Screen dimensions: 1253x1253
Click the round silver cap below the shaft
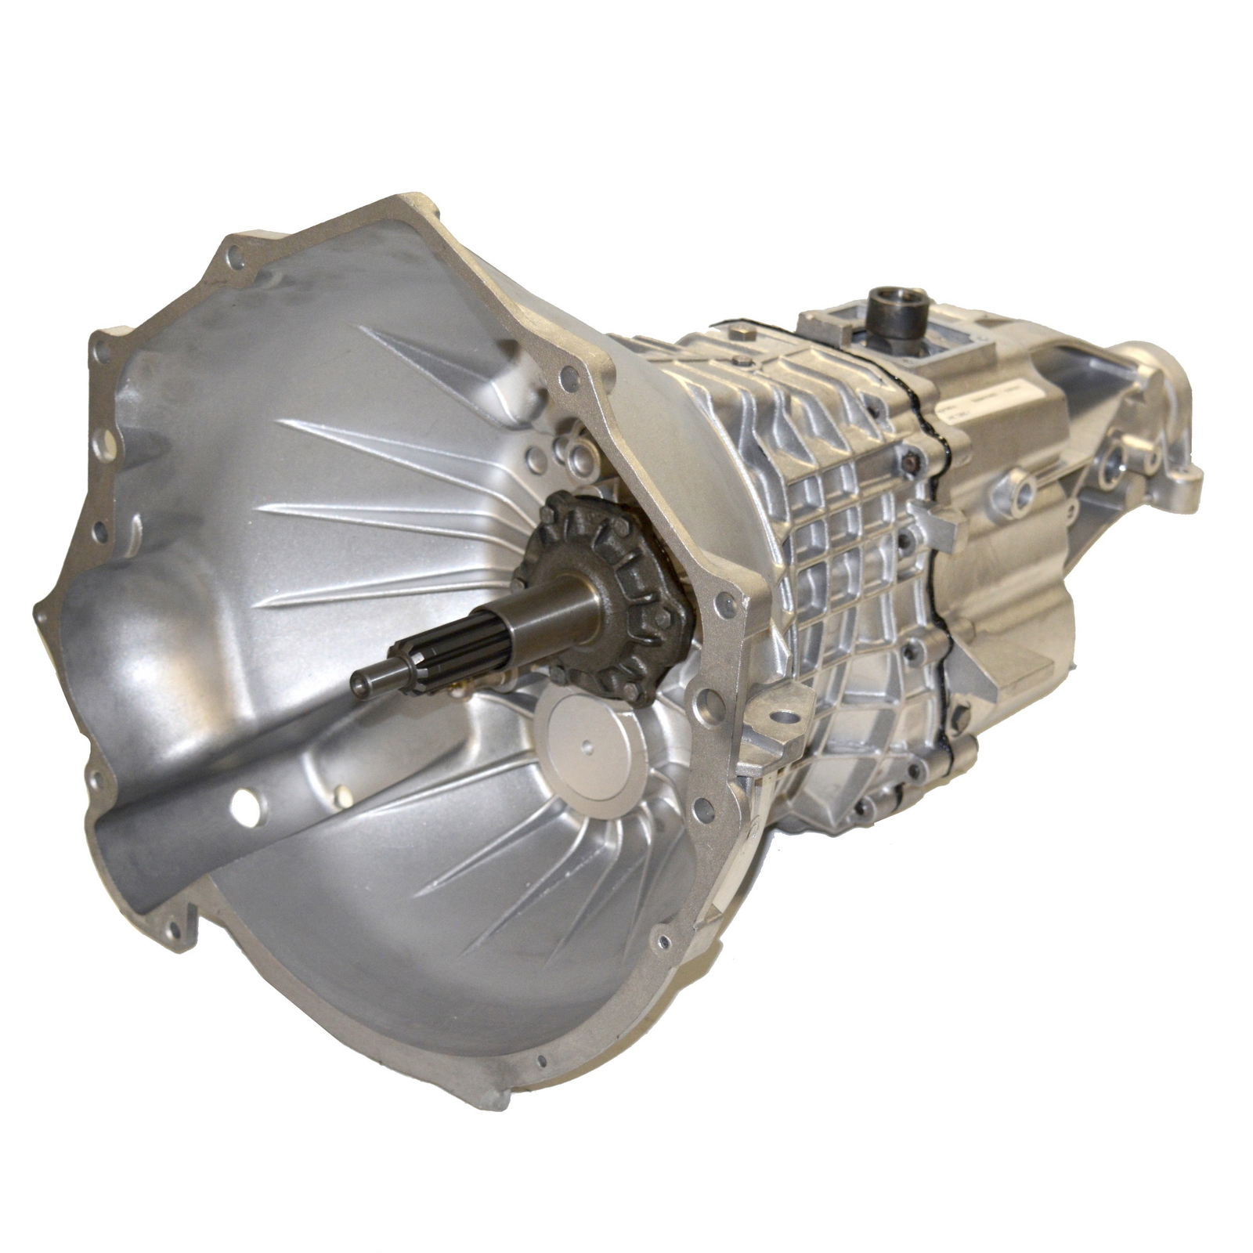[594, 749]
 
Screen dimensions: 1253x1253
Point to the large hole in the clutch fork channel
[245, 807]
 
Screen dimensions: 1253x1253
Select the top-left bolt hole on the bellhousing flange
[234, 254]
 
